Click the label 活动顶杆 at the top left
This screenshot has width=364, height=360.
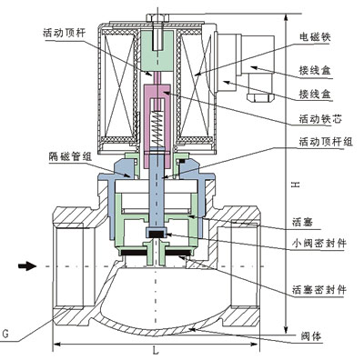[x=64, y=33]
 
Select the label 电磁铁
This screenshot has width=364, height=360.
[x=315, y=36]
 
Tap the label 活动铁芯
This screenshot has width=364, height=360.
[x=320, y=118]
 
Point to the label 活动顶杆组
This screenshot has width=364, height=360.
[x=326, y=141]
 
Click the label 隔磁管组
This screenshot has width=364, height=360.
[x=70, y=156]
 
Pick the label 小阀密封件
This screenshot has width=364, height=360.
[x=319, y=243]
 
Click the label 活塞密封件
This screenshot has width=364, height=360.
[x=319, y=290]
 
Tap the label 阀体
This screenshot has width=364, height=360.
[x=311, y=335]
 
